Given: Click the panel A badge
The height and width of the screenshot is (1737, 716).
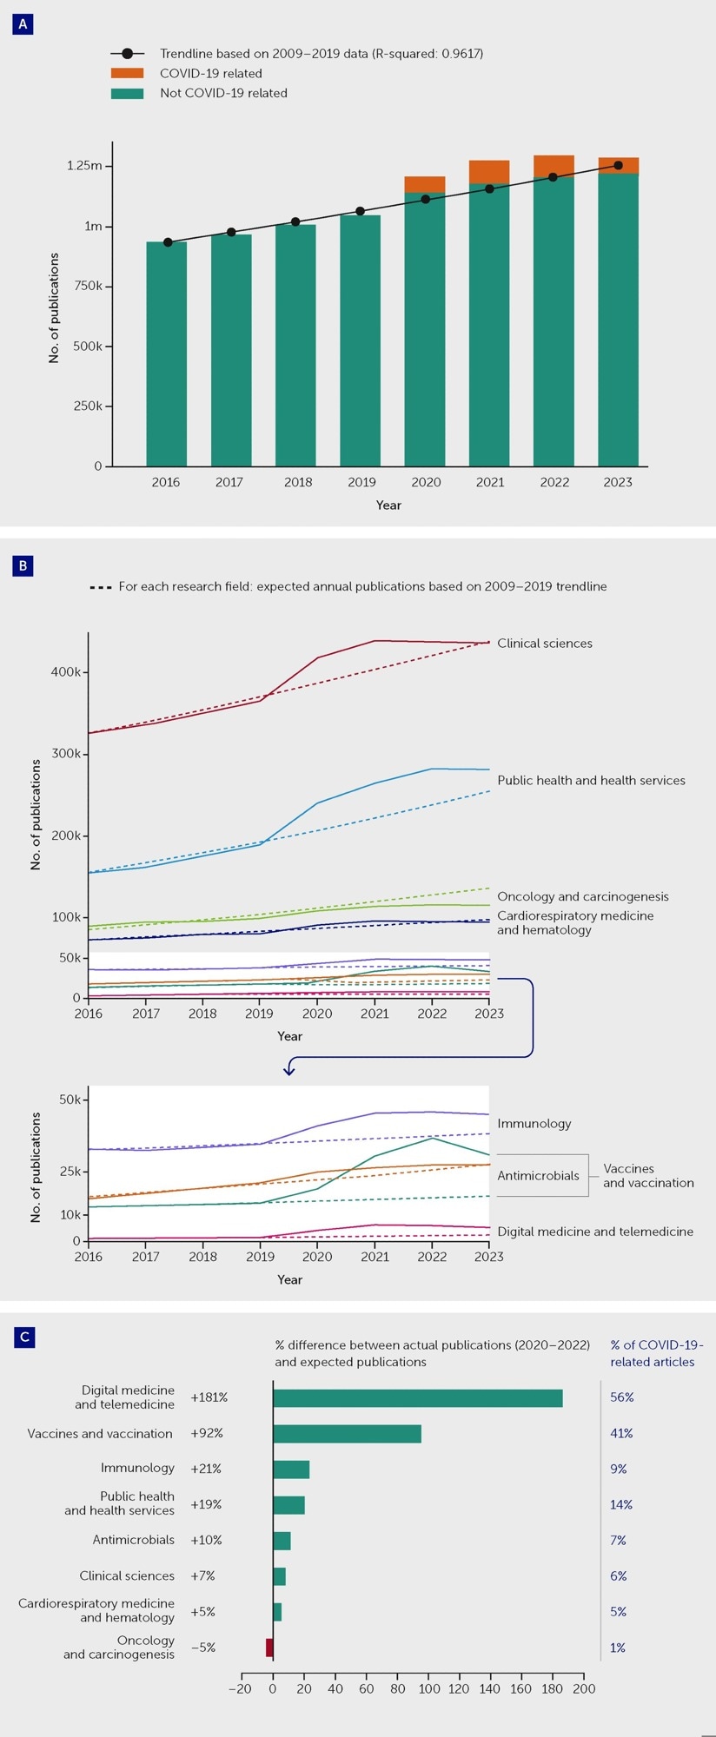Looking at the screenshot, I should tap(23, 24).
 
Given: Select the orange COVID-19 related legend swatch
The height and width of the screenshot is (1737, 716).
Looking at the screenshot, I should tap(127, 74).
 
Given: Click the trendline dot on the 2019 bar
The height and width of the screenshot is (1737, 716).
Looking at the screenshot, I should tap(360, 211).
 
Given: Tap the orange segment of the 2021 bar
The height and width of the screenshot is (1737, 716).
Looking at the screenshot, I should tap(489, 172).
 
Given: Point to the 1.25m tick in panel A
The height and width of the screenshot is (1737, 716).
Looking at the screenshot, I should tap(84, 166).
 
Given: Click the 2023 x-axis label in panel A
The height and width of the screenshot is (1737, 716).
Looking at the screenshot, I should tap(618, 482).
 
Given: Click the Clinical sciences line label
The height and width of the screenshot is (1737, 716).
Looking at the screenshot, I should tap(545, 644).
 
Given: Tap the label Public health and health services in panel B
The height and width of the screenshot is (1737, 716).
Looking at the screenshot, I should tap(591, 781).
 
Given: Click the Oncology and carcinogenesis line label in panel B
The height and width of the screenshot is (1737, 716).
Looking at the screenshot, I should tap(583, 896).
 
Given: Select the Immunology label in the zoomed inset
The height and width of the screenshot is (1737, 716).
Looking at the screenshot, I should tap(534, 1123).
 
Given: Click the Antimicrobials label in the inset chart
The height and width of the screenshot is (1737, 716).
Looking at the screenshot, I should tap(538, 1175).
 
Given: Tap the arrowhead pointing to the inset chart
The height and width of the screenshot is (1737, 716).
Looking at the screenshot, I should tap(289, 1071).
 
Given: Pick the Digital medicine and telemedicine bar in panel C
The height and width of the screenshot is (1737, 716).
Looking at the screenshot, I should tap(417, 1397).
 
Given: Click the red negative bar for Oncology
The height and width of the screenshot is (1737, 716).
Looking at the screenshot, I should tap(269, 1647).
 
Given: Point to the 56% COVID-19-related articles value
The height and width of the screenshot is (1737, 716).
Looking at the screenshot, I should tap(622, 1397).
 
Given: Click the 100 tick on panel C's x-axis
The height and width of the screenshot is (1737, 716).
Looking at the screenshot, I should tap(428, 1688).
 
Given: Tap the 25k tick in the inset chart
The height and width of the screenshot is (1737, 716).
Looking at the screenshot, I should tap(70, 1171).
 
